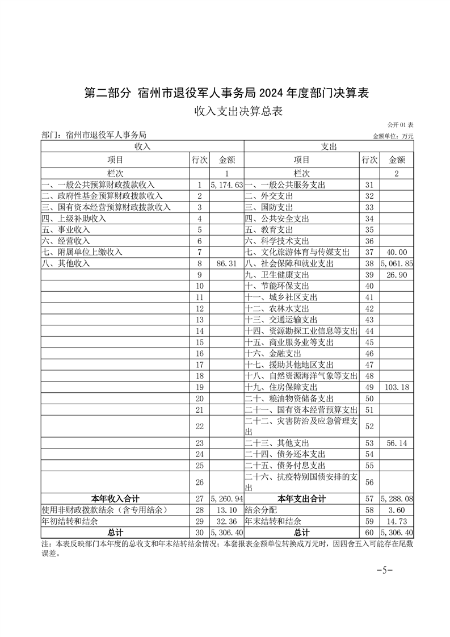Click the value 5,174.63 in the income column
pos(226,185)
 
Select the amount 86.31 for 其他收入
pos(226,264)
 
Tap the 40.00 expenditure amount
pos(397,252)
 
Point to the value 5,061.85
pos(397,264)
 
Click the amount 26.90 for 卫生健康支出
pos(397,275)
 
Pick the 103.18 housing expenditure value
pos(397,387)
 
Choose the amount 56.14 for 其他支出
pos(397,443)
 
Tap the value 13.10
pos(226,510)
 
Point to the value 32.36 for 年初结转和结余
pos(226,521)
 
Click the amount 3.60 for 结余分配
pos(397,510)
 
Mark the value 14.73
pos(397,521)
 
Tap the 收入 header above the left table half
pos(142,146)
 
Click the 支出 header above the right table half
pos(329,146)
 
